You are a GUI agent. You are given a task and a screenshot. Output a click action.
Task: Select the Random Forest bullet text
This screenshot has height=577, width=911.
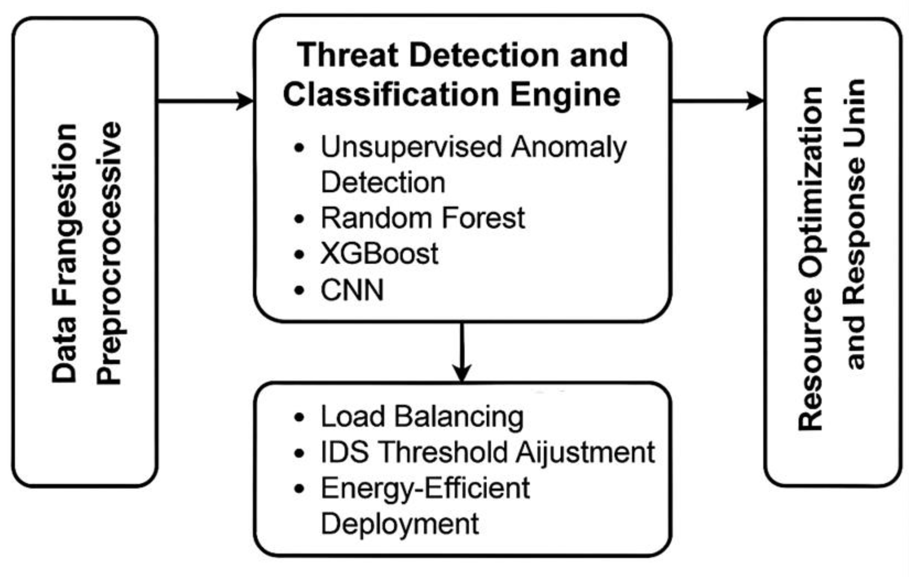click(x=423, y=218)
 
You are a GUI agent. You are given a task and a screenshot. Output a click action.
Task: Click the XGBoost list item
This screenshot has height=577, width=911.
click(x=379, y=254)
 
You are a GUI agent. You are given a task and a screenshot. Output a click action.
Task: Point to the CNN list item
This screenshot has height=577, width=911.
click(x=352, y=290)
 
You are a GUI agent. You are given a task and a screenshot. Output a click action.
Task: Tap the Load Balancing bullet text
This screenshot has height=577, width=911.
click(x=422, y=417)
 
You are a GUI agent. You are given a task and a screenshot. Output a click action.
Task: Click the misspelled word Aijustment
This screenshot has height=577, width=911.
click(x=585, y=452)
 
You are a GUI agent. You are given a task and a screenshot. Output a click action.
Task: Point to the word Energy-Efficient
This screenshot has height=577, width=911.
click(x=425, y=488)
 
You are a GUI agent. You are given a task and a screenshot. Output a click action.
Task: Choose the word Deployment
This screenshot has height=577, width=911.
click(x=400, y=524)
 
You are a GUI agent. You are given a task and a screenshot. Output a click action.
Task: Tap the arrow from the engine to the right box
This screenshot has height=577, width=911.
click(x=717, y=101)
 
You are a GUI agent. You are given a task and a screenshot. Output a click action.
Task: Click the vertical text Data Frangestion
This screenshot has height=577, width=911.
click(x=65, y=253)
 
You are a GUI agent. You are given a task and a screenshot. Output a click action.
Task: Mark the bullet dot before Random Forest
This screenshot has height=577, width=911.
click(x=299, y=219)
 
